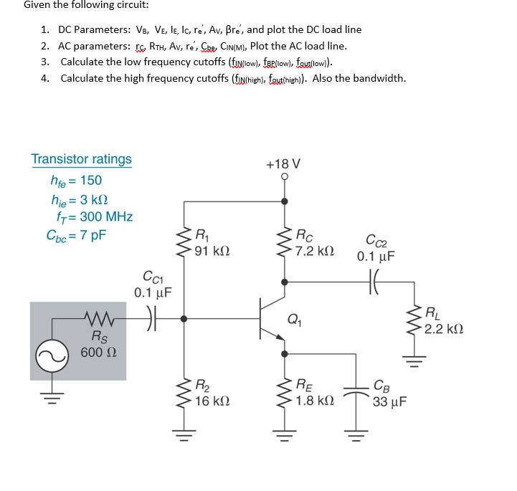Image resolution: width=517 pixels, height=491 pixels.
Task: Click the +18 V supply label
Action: [283, 163]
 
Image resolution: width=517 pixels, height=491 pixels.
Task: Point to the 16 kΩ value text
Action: [211, 401]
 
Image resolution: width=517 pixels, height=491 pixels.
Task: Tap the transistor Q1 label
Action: [293, 320]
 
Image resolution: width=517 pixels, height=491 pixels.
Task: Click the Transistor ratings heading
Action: [81, 159]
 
